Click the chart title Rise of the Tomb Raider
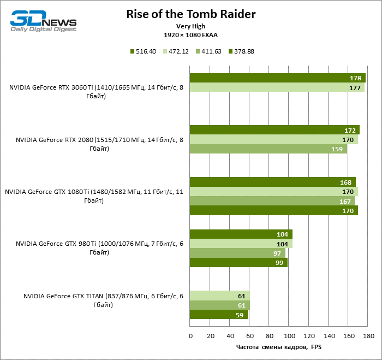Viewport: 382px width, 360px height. (x=183, y=14)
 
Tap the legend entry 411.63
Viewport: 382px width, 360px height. (x=210, y=52)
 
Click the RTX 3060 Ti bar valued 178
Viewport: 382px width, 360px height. (x=277, y=78)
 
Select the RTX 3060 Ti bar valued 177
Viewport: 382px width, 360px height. (x=277, y=88)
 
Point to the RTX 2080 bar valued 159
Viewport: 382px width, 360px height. (x=268, y=149)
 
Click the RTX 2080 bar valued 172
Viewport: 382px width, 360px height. (x=274, y=130)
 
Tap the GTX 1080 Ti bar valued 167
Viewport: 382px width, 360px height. (x=272, y=201)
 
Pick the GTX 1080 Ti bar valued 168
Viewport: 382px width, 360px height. (x=272, y=182)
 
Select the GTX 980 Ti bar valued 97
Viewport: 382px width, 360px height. (x=237, y=253)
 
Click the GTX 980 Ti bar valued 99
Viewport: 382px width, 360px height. (x=238, y=263)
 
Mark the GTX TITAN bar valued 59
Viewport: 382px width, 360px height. (x=219, y=315)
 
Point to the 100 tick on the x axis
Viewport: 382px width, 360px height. (x=290, y=335)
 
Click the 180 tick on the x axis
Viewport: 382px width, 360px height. (x=369, y=335)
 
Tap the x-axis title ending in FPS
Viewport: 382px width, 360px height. (x=279, y=347)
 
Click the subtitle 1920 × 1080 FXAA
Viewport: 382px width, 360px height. (x=183, y=34)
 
